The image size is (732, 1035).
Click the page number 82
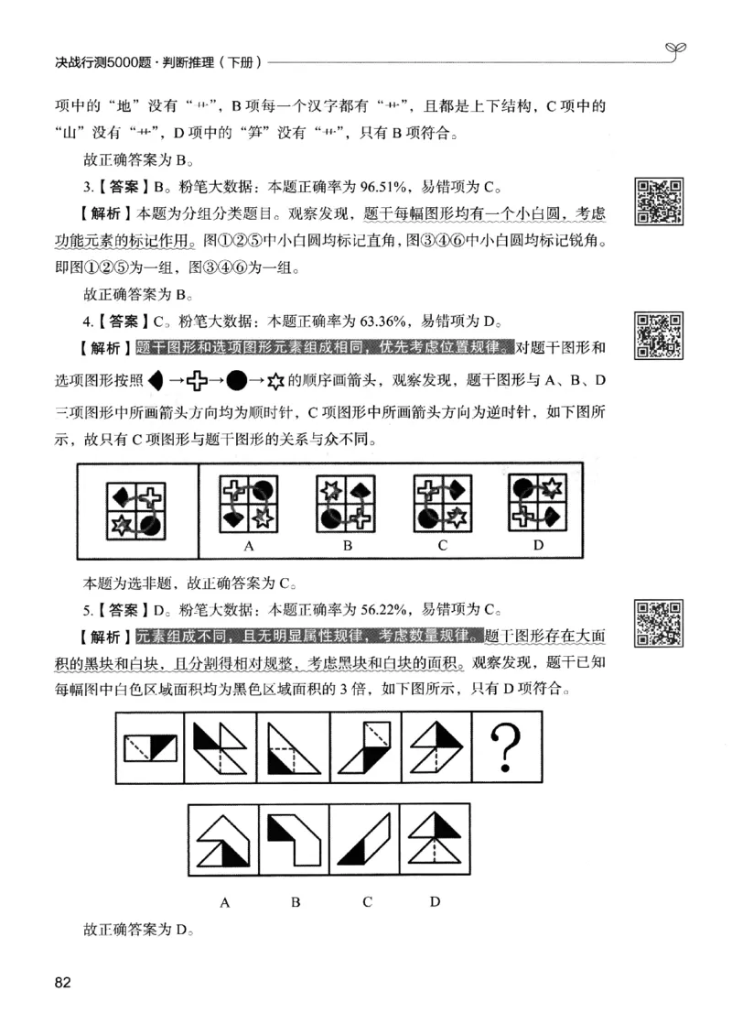[63, 983]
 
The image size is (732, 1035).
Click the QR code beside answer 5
[659, 623]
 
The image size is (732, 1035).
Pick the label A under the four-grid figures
[248, 547]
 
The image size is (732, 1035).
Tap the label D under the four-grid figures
[539, 547]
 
